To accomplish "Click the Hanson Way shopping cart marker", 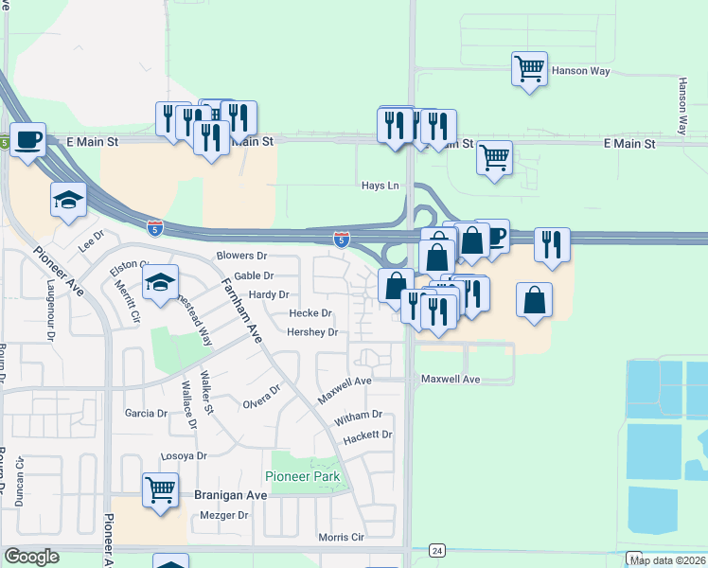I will (530, 69).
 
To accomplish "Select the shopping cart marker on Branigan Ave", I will (161, 491).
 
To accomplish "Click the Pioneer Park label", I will (302, 476).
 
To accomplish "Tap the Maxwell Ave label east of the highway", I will (451, 380).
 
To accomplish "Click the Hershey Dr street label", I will (312, 332).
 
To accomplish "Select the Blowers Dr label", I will (242, 257).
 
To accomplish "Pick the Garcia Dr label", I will (146, 414).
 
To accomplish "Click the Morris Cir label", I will (341, 537).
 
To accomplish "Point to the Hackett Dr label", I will (367, 435).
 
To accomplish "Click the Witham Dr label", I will (358, 415).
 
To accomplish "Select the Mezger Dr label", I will (224, 516).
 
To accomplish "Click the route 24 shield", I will (436, 550).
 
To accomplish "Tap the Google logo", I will (31, 557).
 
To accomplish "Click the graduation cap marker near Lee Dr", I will (69, 200).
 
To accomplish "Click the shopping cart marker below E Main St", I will (494, 159).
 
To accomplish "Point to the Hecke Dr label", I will (310, 313).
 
